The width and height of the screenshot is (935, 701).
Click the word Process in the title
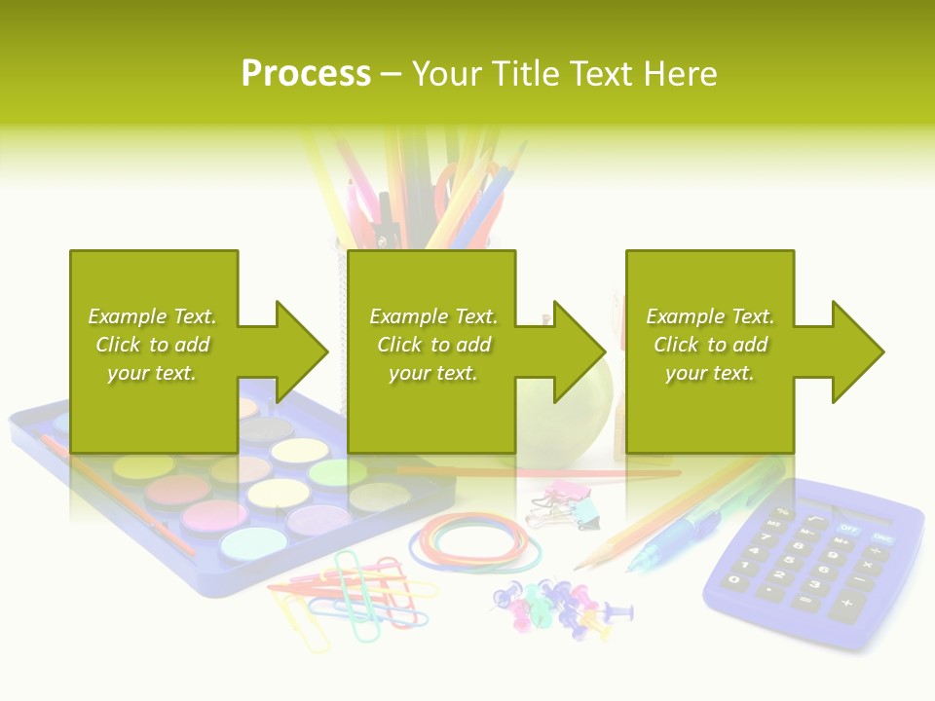coord(306,74)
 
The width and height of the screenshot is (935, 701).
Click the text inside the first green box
coord(152,345)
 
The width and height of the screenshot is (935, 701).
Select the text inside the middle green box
coord(433,345)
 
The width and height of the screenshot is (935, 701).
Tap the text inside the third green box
coord(710,345)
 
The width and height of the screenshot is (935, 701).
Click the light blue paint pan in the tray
coord(252,541)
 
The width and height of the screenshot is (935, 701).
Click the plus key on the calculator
coord(846,609)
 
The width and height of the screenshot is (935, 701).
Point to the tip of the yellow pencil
coord(578,567)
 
